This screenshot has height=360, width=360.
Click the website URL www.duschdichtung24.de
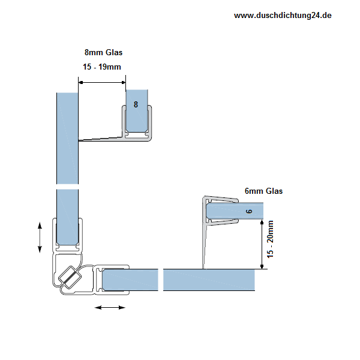283,16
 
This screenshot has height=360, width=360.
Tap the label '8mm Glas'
104,52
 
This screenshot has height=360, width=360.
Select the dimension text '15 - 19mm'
102,67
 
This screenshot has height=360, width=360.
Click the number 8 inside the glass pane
136,104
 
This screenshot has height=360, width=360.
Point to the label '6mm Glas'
263,191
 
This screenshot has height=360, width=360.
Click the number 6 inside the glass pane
249,211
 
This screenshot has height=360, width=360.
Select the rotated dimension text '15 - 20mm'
271,239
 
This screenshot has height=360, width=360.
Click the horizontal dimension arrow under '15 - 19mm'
102,83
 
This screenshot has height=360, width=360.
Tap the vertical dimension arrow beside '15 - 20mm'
262,244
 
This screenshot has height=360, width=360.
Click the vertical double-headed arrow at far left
40,238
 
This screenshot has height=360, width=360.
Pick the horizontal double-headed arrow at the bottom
110,307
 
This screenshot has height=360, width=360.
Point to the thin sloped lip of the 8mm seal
100,139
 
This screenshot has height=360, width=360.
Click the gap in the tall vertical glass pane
67,187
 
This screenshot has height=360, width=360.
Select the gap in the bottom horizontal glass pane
161,280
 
